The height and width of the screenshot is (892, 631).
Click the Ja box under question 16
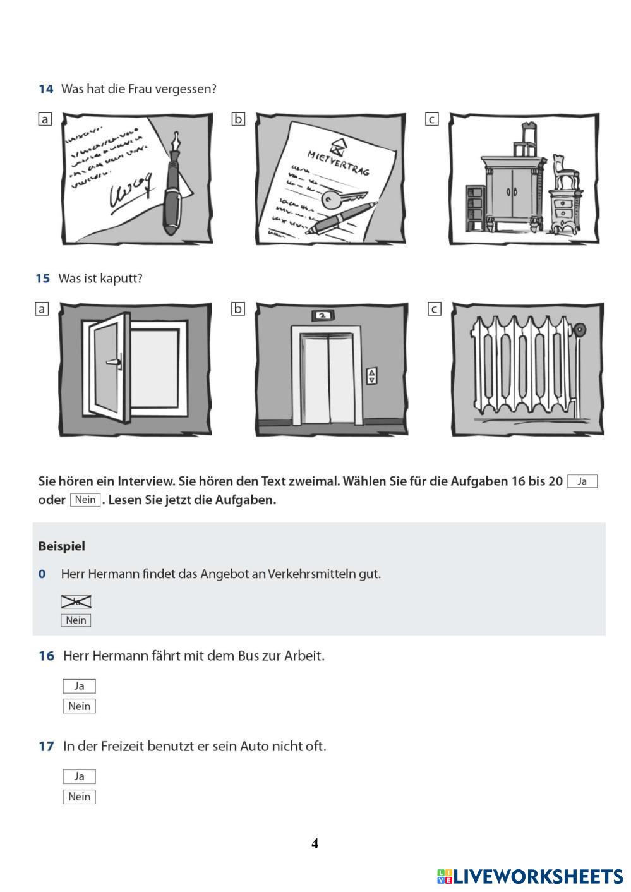(79, 685)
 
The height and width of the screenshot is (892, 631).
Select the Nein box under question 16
(79, 706)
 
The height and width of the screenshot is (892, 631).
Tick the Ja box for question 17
(79, 776)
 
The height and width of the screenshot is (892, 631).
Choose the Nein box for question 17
(79, 796)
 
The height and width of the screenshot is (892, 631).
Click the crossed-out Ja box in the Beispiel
(76, 601)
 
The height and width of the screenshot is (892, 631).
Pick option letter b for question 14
(238, 119)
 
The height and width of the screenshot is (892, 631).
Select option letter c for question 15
(434, 309)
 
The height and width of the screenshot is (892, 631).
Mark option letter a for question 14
(45, 119)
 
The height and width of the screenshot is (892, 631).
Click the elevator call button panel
(371, 376)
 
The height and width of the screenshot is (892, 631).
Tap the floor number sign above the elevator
(322, 314)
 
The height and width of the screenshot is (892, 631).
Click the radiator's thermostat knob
(579, 330)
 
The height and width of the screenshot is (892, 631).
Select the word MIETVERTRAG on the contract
(339, 162)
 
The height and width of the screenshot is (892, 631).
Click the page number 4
(315, 843)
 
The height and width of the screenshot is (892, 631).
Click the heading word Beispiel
(61, 546)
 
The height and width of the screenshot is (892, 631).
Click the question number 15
(42, 278)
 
